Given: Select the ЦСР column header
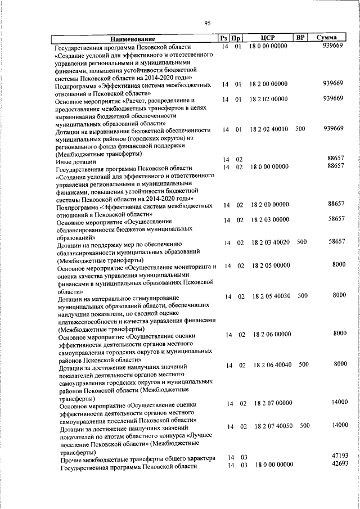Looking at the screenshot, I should pyautogui.click(x=267, y=38).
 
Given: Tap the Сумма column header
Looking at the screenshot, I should pyautogui.click(x=326, y=38).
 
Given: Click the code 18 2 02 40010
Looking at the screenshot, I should pyautogui.click(x=270, y=129).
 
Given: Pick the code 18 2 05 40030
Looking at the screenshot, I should pyautogui.click(x=272, y=296).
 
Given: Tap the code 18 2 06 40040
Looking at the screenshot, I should pyautogui.click(x=273, y=365).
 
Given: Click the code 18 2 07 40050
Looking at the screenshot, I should pyautogui.click(x=274, y=426).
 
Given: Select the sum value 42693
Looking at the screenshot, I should pyautogui.click(x=338, y=464).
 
